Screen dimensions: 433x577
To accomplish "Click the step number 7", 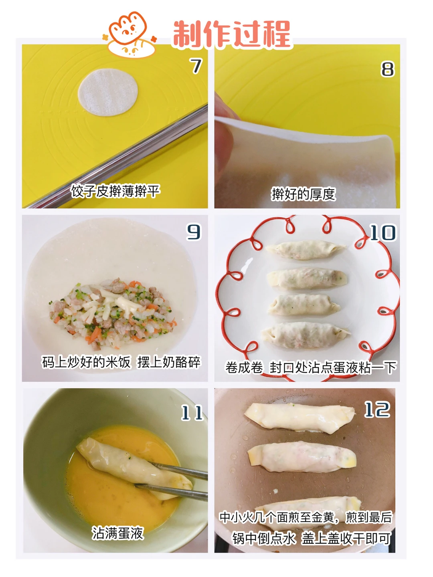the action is click(x=196, y=66).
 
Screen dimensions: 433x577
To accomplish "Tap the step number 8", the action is click(x=388, y=69).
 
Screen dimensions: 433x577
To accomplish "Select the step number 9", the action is click(x=194, y=232).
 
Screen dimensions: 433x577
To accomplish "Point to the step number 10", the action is click(x=383, y=232).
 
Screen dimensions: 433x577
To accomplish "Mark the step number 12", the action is click(x=377, y=410).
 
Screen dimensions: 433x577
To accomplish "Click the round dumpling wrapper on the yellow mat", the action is click(x=108, y=92).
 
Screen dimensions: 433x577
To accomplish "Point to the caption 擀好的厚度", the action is click(x=304, y=194).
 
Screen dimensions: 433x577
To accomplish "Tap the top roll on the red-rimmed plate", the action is click(x=305, y=250).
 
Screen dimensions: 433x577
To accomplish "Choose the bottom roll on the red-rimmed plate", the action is click(x=306, y=335).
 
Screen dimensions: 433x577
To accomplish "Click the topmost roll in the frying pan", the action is click(x=300, y=418).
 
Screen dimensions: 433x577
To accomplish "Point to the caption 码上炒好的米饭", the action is click(x=86, y=362).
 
